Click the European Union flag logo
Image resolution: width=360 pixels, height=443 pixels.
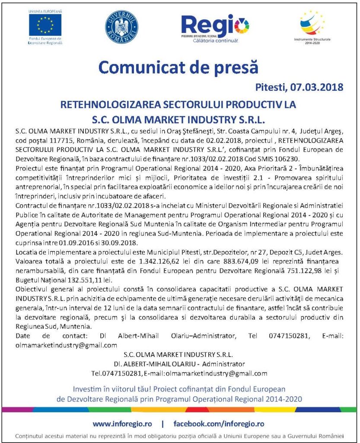(45, 25)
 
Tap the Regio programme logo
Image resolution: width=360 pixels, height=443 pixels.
(209, 26)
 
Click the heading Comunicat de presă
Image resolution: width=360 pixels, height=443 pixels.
(178, 68)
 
